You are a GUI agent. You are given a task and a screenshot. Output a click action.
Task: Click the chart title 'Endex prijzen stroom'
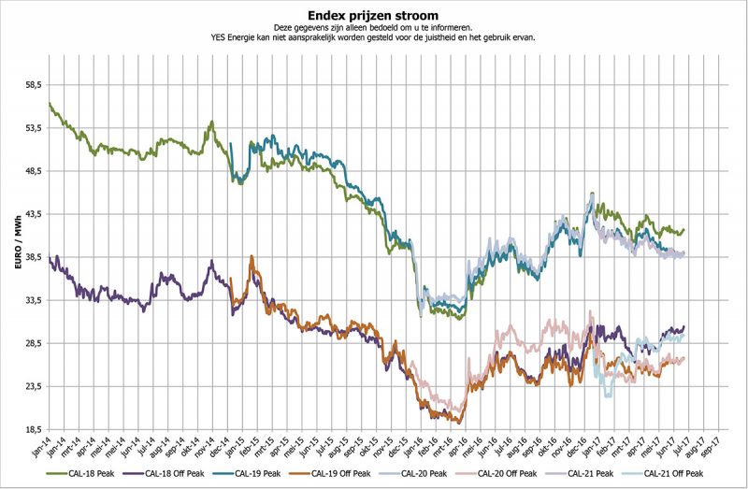[373, 16]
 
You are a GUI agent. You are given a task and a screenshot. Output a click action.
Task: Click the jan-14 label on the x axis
[43, 447]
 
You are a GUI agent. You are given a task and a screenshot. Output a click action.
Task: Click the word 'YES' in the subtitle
[222, 38]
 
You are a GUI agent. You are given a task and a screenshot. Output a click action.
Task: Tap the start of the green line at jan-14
[50, 103]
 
